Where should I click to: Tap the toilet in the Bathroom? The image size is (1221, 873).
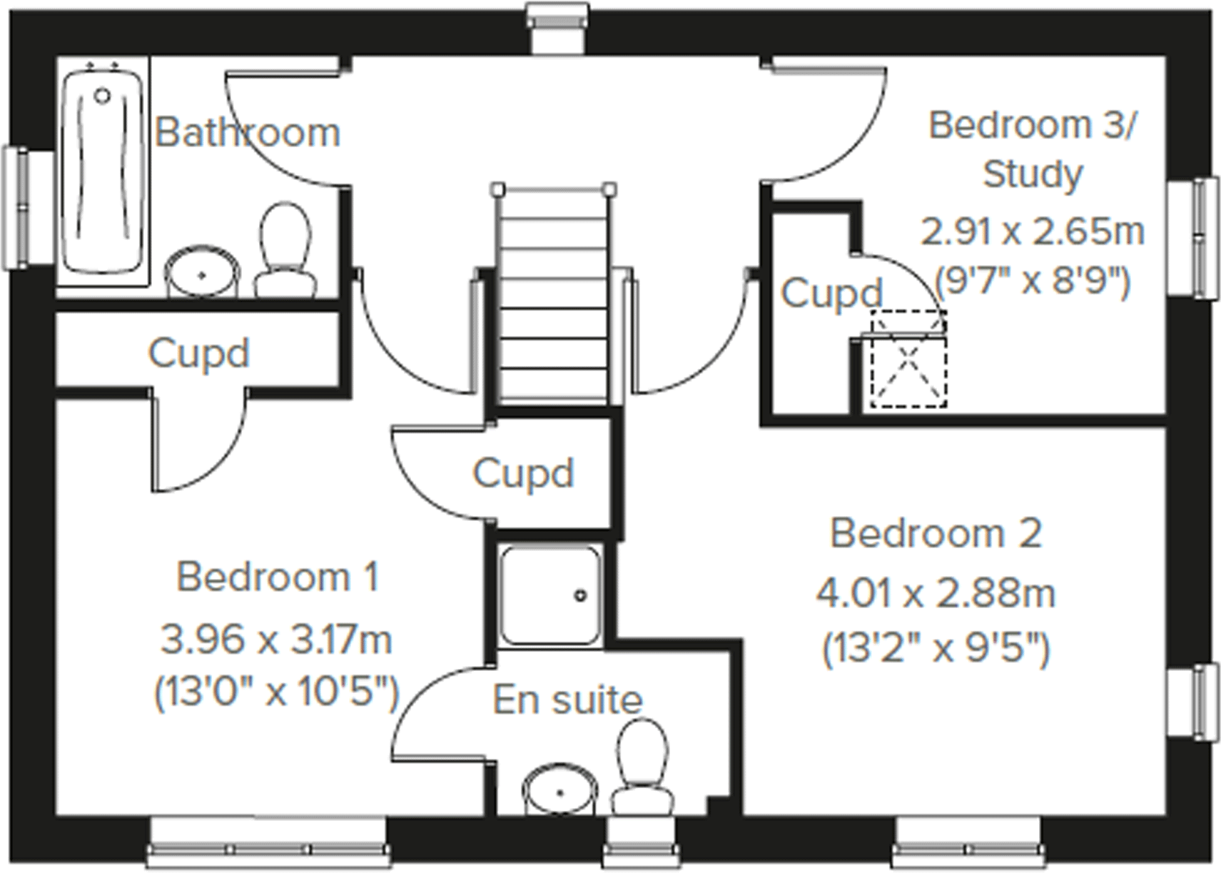pyautogui.click(x=285, y=250)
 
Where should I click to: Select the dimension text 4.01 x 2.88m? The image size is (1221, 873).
pyautogui.click(x=936, y=593)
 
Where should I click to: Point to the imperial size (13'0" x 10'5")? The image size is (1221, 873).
pyautogui.click(x=277, y=692)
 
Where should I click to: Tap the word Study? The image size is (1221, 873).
pyautogui.click(x=1032, y=174)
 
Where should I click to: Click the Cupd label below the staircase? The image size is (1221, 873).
pyautogui.click(x=523, y=473)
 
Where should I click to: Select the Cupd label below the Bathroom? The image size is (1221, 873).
pyautogui.click(x=198, y=353)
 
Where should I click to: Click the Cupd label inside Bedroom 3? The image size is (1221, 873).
pyautogui.click(x=831, y=293)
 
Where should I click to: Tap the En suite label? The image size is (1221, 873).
pyautogui.click(x=567, y=700)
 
